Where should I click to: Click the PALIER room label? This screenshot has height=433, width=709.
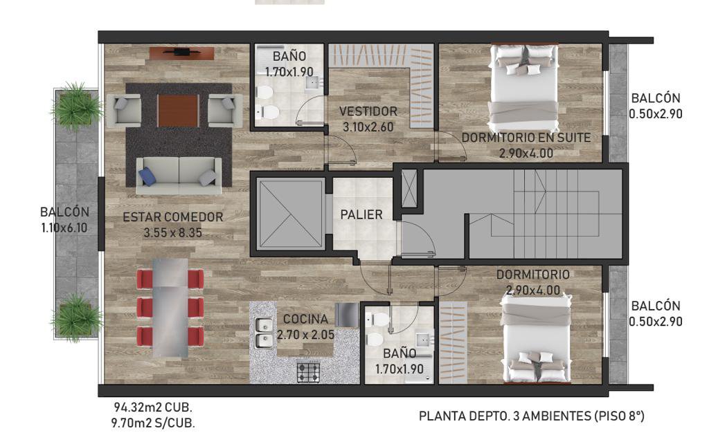pos(361,214)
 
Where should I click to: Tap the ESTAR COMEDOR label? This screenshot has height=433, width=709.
pos(173,217)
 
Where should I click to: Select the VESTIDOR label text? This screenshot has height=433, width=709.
pos(368,111)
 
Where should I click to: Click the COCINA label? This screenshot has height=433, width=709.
pos(305,319)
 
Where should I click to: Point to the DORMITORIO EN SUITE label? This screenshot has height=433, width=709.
pos(526,137)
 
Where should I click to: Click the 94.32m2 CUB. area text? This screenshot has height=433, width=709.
pos(153,407)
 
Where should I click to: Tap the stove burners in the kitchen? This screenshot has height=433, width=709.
pos(308,373)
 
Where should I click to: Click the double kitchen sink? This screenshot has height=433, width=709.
pos(264,333)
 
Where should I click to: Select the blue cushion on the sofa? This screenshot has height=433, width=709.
pos(147,176)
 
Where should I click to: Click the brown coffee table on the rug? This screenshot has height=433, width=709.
pos(178,111)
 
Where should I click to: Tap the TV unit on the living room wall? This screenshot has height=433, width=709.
pos(181,53)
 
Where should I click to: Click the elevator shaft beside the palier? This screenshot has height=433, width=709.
pos(290,214)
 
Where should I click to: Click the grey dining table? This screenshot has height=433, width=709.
pos(170,308)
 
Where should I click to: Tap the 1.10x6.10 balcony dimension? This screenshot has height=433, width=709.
pos(64,228)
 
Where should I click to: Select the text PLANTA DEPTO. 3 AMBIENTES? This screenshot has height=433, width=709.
pos(505,416)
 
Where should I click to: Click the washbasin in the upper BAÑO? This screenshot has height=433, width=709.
pos(312,82)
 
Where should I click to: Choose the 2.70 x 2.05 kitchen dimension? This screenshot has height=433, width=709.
pos(305,335)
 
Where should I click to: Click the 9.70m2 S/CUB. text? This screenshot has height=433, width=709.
pos(153,423)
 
